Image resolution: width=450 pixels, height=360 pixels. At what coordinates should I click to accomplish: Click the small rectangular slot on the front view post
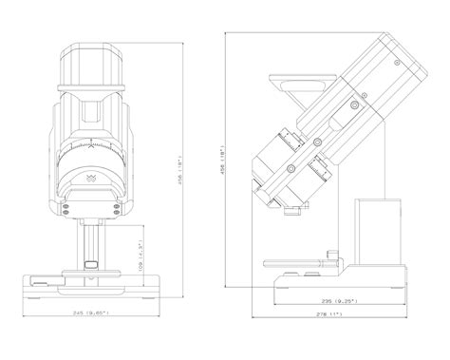click(91, 264)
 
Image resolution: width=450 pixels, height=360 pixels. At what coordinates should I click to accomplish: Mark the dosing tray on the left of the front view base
click(46, 279)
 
